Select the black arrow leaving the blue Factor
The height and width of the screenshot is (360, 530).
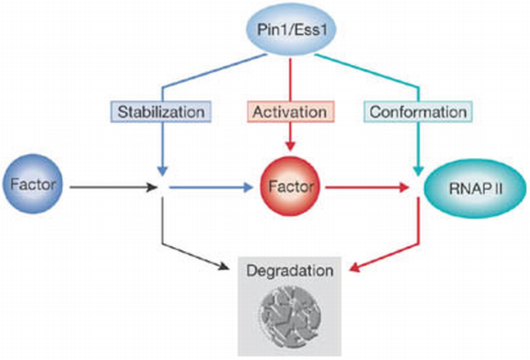108,187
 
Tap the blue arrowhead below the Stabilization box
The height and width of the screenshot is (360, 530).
161,167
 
